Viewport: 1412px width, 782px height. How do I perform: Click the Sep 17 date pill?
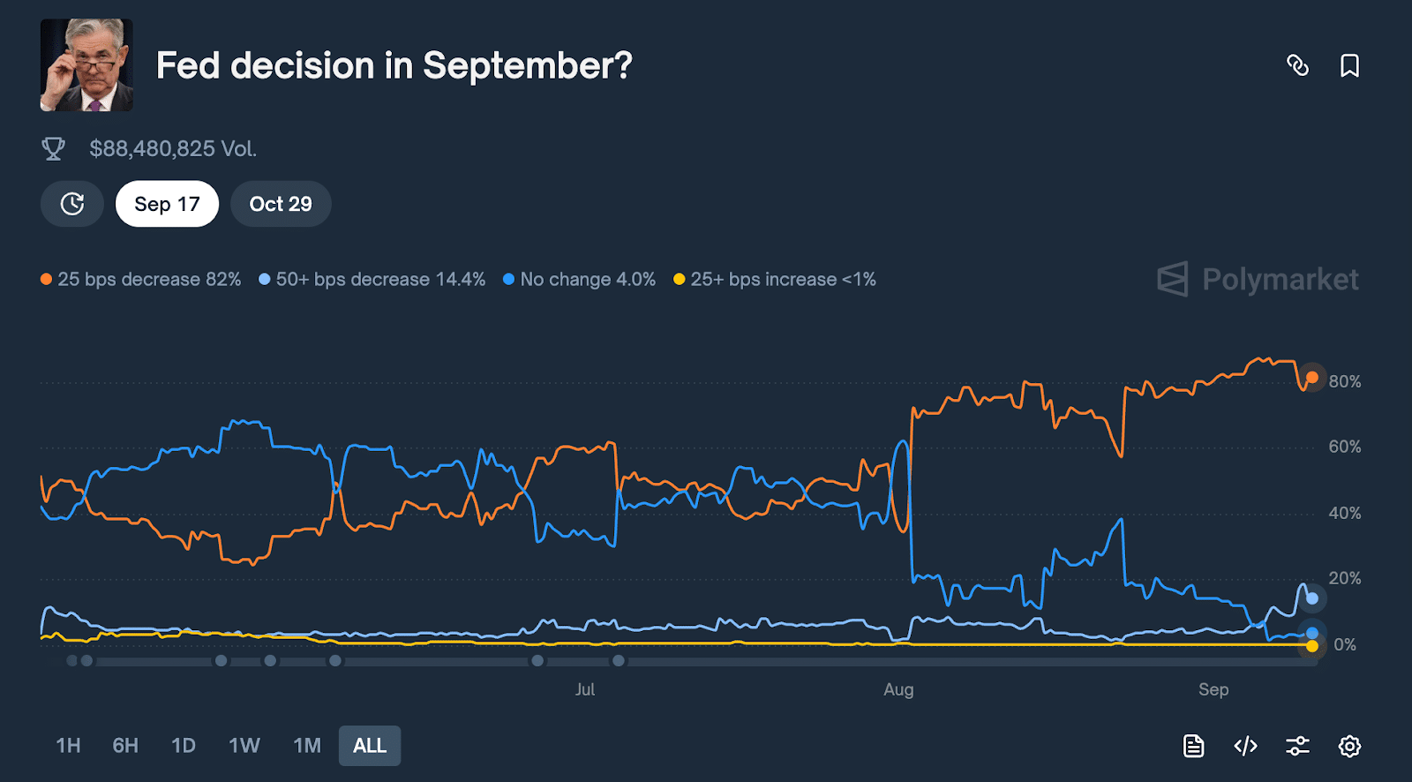pos(167,204)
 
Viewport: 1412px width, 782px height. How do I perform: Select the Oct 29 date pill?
pos(281,204)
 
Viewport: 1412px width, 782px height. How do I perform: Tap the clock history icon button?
pos(72,204)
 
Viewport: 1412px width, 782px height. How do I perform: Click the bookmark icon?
pos(1349,65)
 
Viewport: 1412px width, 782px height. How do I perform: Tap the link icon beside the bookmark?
pos(1297,65)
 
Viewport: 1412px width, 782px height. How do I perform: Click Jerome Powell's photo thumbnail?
pos(86,65)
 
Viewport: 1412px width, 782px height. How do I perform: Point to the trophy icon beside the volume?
pos(54,148)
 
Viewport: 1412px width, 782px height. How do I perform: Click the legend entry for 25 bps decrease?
pos(141,279)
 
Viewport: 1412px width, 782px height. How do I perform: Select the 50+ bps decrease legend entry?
pos(372,279)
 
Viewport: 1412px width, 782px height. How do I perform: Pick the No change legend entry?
pos(580,279)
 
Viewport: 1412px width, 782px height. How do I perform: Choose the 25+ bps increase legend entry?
pos(775,279)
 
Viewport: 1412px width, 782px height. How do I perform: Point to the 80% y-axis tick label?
pos(1345,381)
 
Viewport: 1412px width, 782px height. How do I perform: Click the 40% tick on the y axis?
pos(1345,513)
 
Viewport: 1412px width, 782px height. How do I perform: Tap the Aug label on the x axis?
pos(898,689)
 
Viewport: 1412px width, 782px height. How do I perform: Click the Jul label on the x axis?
pos(585,689)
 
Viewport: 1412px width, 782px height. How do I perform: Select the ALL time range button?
pos(370,746)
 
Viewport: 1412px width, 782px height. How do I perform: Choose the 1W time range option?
pos(244,746)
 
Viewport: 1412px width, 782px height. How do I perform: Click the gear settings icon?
pos(1349,746)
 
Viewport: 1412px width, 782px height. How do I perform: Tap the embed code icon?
pos(1245,746)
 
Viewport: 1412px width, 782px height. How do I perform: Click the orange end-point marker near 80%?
pos(1312,378)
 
